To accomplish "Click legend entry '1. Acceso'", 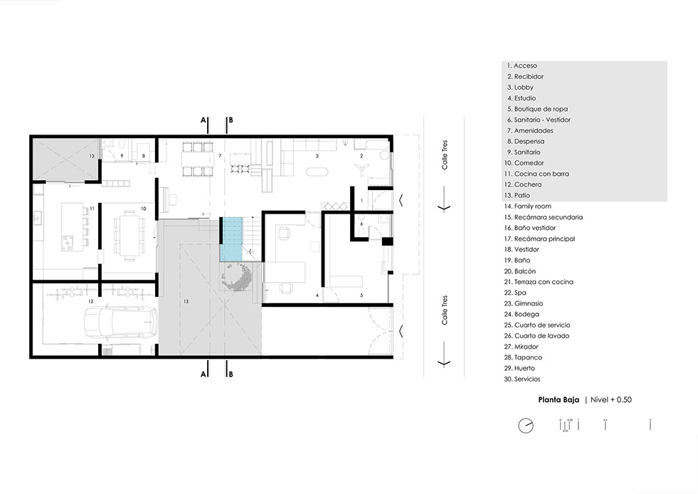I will click(x=522, y=65).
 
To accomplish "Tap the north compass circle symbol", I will click(x=525, y=426).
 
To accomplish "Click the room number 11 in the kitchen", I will click(x=92, y=209).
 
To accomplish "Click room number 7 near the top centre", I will click(x=221, y=155).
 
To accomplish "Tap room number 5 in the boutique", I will click(x=361, y=295).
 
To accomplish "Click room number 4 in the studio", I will click(x=317, y=295).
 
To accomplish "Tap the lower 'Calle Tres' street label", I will click(x=445, y=311).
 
